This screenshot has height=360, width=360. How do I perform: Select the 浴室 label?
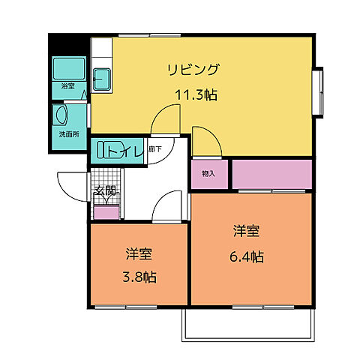(x=67, y=86)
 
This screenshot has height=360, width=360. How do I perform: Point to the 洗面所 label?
(x=69, y=134)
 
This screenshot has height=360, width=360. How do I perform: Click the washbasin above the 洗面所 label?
(x=61, y=115)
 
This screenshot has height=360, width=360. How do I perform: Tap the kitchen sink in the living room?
(x=101, y=77)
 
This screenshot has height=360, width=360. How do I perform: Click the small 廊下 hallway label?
(x=154, y=149)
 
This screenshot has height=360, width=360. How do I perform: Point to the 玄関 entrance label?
(x=105, y=191)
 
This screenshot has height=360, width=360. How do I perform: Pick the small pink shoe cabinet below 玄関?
(x=106, y=212)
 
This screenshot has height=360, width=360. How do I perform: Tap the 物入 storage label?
(x=208, y=174)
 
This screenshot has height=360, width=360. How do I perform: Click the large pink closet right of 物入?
(x=271, y=174)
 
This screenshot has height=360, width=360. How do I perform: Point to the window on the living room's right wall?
(x=318, y=91)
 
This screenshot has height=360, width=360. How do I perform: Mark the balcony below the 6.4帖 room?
(x=247, y=322)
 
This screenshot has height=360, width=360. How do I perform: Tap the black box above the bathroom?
(x=69, y=43)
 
